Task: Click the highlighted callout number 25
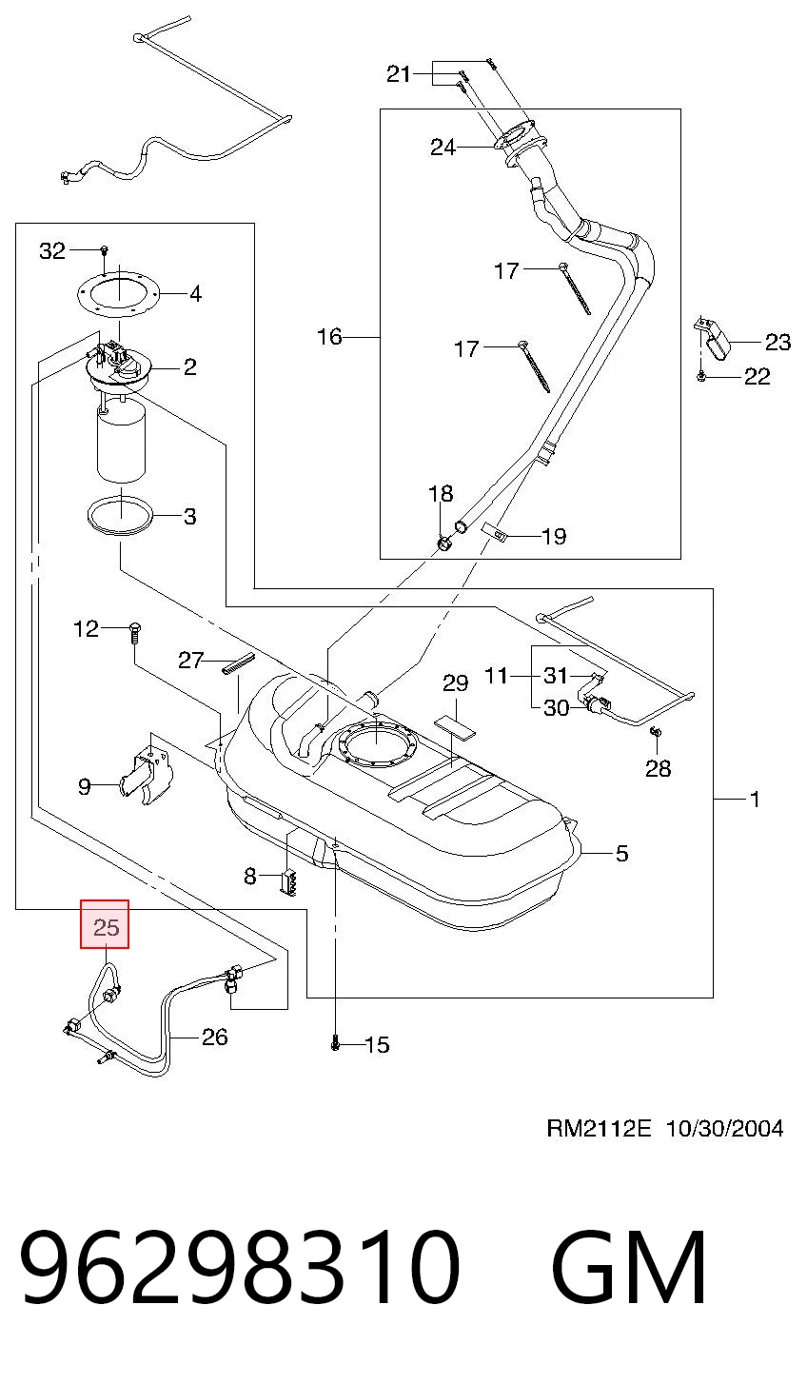click(x=105, y=927)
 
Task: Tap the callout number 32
click(x=52, y=251)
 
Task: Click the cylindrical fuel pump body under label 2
click(x=121, y=441)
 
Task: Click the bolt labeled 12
click(x=134, y=632)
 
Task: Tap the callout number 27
click(x=190, y=661)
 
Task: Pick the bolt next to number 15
click(x=335, y=1043)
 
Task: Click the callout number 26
click(x=214, y=1037)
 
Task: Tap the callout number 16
click(x=329, y=337)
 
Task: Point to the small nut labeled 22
click(x=701, y=376)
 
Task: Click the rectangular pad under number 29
click(x=456, y=726)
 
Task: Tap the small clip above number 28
click(x=657, y=733)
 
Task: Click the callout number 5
click(x=621, y=853)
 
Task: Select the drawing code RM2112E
click(x=599, y=1129)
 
